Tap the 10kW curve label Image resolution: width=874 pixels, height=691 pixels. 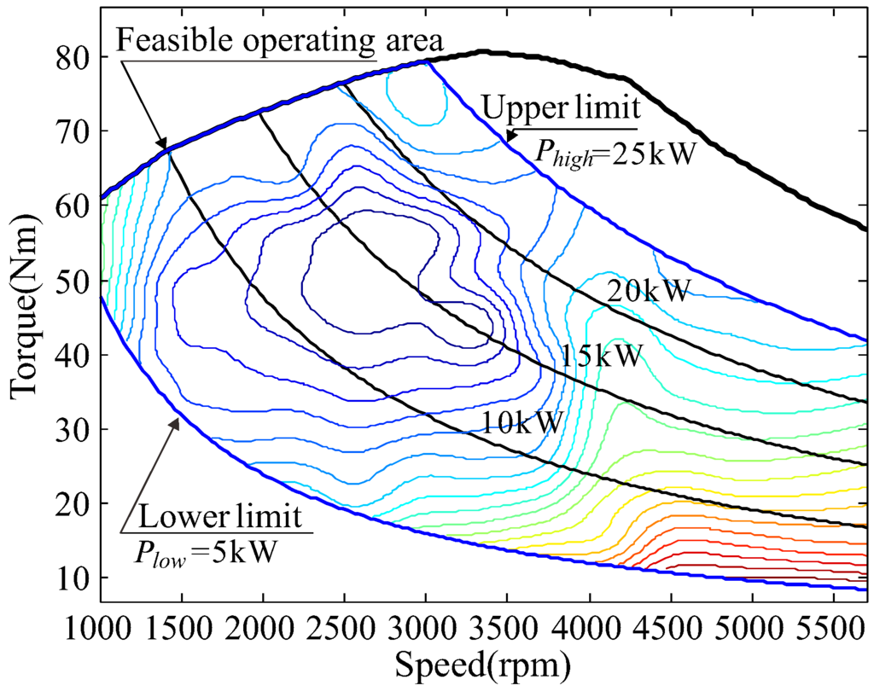pos(522,421)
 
